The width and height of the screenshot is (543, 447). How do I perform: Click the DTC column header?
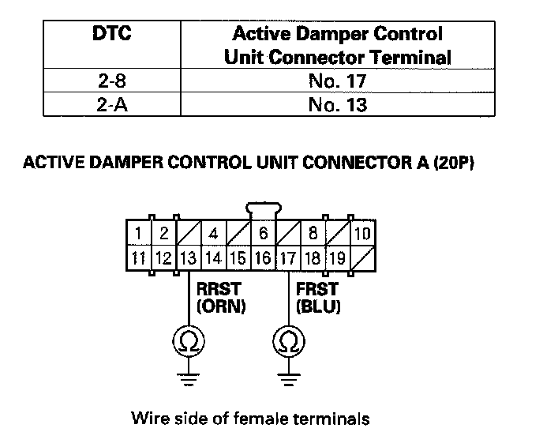(112, 34)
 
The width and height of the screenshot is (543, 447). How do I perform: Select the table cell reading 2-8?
(112, 81)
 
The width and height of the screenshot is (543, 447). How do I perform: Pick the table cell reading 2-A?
(112, 104)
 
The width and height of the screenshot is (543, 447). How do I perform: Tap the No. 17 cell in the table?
(337, 81)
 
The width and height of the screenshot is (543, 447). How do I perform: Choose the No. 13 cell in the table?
(337, 104)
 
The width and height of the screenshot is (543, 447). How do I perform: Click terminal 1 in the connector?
(139, 233)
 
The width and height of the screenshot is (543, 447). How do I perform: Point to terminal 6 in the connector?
(263, 233)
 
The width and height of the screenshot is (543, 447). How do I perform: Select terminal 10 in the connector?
(362, 233)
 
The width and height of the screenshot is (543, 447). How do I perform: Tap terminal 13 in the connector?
(189, 257)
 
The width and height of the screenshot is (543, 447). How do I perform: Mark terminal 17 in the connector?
(288, 257)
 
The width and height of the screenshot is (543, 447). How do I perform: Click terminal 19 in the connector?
(338, 257)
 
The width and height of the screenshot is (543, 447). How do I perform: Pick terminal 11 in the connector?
(139, 257)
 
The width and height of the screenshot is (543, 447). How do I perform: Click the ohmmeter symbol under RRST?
(189, 341)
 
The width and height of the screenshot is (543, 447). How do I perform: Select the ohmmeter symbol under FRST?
(289, 341)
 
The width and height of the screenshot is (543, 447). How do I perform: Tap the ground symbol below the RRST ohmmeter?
(189, 379)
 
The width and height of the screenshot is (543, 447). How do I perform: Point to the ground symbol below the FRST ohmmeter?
(289, 379)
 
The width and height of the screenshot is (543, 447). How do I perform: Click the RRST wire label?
(219, 289)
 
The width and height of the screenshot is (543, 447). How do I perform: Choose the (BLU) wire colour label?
(318, 306)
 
